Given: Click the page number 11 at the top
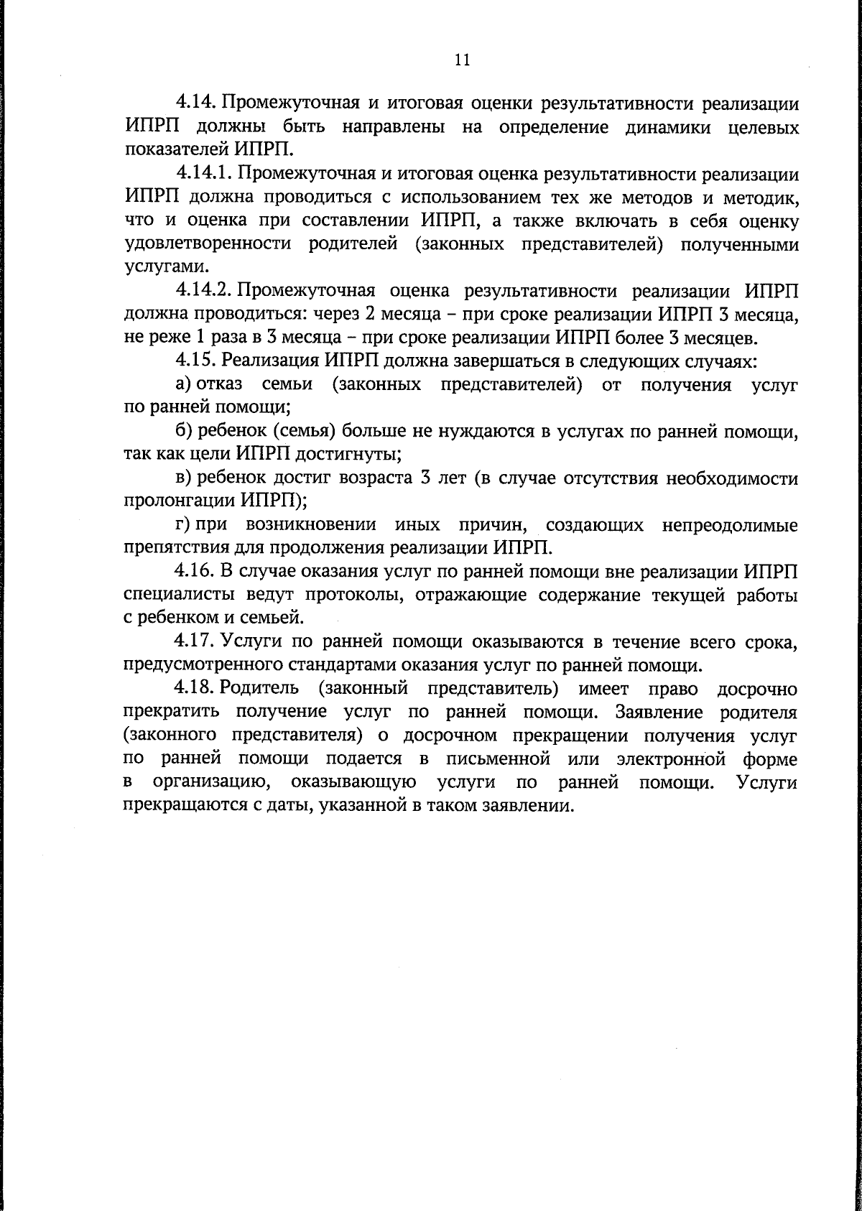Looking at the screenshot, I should click(x=462, y=60).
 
